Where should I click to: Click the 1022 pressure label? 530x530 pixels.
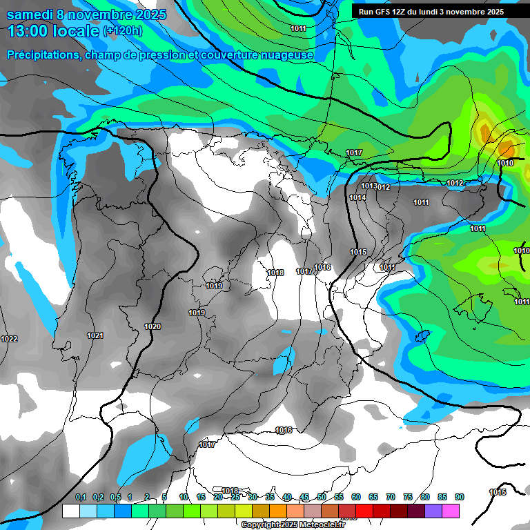(10, 339)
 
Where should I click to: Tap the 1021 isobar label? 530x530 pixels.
(95, 335)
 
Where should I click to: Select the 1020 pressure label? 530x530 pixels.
(153, 326)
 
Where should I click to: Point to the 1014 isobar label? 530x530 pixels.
(357, 197)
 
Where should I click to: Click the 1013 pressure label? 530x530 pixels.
(369, 186)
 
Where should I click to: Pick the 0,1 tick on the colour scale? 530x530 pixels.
(80, 497)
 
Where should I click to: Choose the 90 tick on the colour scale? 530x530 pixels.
(459, 497)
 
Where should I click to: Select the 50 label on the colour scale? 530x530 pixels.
(322, 497)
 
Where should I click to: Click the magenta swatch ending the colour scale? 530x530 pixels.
(451, 511)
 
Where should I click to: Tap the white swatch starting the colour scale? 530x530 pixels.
(70, 511)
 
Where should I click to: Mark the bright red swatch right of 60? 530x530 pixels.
(364, 511)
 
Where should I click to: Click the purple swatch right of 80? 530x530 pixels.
(433, 511)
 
